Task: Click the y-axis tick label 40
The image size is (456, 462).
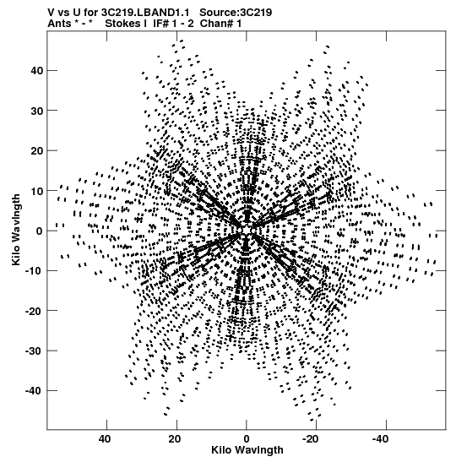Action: pyautogui.click(x=36, y=71)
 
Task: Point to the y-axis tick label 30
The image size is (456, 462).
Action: pyautogui.click(x=36, y=111)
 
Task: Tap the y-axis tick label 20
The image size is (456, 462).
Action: pyautogui.click(x=36, y=151)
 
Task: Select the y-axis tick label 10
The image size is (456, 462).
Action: pyautogui.click(x=36, y=191)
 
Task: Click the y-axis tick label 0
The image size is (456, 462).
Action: pyautogui.click(x=40, y=231)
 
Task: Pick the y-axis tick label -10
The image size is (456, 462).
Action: pyautogui.click(x=34, y=271)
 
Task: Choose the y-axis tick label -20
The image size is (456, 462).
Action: pyautogui.click(x=34, y=311)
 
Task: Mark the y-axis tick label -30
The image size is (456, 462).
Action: pyautogui.click(x=34, y=351)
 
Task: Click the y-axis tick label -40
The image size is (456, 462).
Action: pyautogui.click(x=34, y=391)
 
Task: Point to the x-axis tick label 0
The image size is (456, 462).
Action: pyautogui.click(x=247, y=439)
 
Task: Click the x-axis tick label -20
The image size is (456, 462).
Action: pyautogui.click(x=314, y=439)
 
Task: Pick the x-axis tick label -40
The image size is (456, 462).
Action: pyautogui.click(x=383, y=439)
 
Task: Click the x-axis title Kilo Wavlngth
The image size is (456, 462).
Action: pyautogui.click(x=247, y=450)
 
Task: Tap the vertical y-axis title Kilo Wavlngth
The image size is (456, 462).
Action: pyautogui.click(x=16, y=230)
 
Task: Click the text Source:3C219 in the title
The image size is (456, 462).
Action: pyautogui.click(x=236, y=13)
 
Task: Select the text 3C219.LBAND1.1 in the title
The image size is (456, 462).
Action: pyautogui.click(x=144, y=13)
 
